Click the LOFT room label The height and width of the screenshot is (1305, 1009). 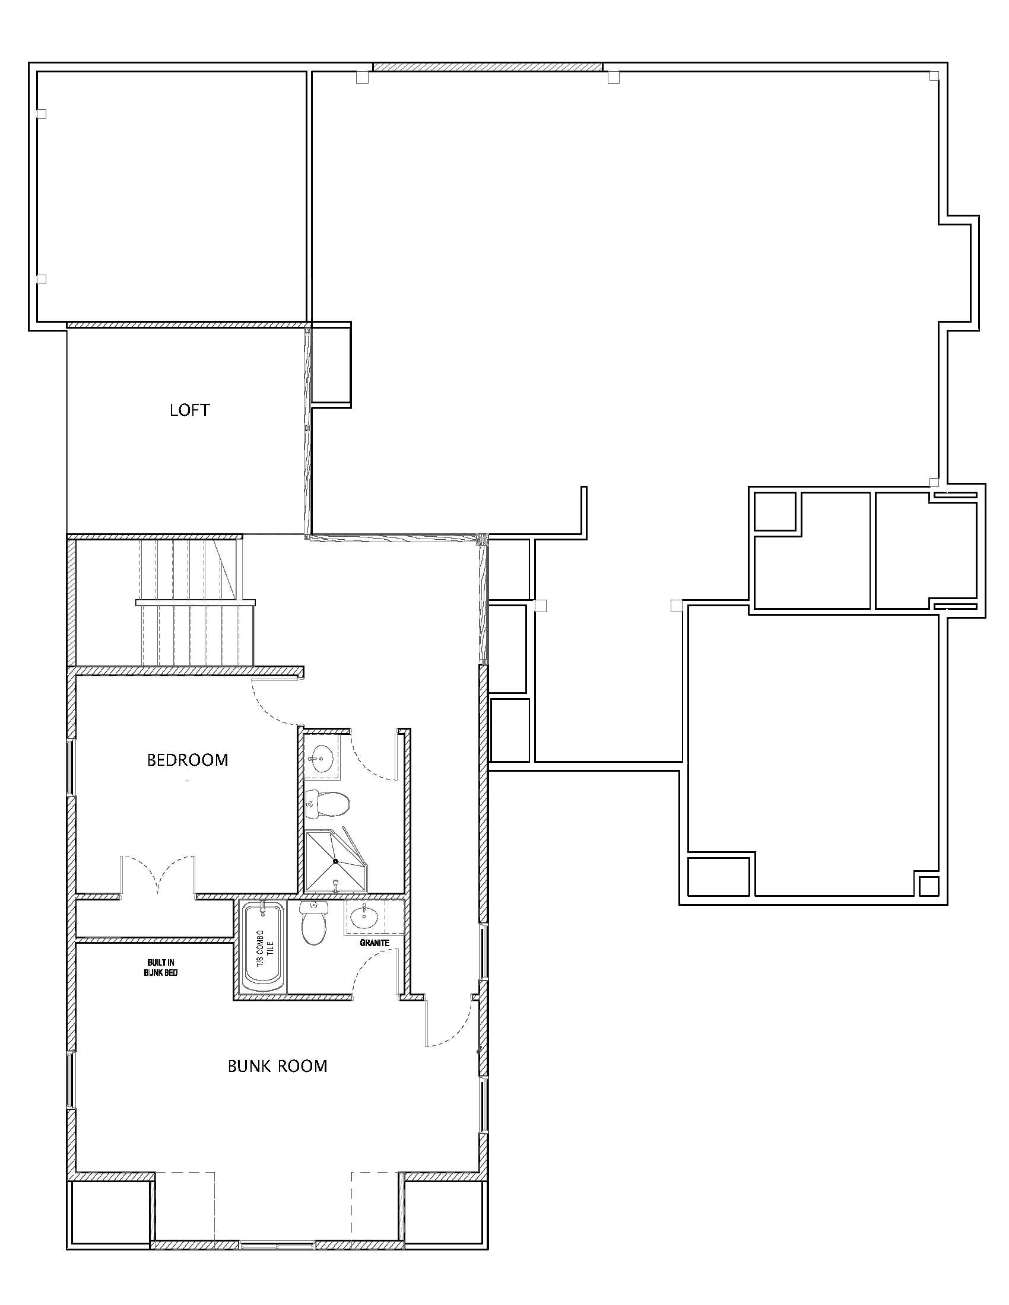189,410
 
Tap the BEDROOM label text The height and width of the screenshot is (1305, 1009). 188,760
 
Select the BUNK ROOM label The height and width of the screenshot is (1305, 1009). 277,1066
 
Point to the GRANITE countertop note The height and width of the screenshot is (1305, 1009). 375,943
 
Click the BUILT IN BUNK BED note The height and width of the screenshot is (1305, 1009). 161,967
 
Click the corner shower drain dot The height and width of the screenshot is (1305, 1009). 335,861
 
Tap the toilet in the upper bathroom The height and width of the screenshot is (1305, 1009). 326,804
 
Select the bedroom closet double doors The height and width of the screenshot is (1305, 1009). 158,876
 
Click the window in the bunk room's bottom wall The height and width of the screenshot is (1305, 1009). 277,1244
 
